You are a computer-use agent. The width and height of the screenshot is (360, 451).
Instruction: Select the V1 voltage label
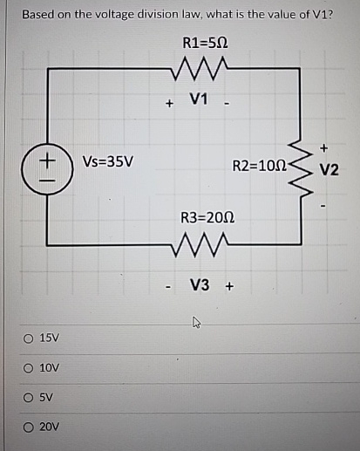coord(200,101)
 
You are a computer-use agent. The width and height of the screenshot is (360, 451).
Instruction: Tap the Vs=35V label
coord(107,162)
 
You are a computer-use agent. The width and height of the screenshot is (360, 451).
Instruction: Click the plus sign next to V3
coord(230,285)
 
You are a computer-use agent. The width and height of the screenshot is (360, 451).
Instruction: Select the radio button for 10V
coord(31,368)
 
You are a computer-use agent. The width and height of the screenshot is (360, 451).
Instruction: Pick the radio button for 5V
coord(31,398)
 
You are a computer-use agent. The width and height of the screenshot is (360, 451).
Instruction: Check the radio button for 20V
coord(31,427)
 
